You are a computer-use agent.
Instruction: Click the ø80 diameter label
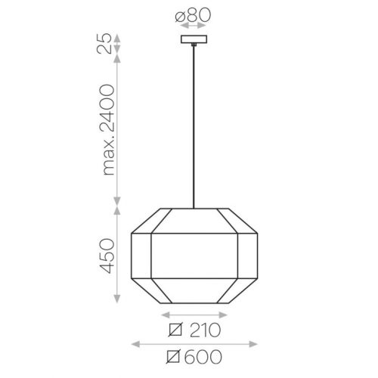coord(193,15)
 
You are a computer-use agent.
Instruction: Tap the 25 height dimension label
coord(104,43)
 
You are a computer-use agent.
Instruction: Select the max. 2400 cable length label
coord(107,130)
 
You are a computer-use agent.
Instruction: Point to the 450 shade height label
coord(107,256)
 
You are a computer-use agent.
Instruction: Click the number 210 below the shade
coord(205,330)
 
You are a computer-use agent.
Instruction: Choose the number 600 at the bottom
coord(203,357)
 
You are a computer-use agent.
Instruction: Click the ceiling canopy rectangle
coord(194,39)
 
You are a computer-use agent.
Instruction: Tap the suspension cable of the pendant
coord(194,127)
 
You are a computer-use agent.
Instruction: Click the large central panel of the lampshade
coord(194,256)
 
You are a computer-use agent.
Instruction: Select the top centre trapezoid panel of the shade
coord(194,221)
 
